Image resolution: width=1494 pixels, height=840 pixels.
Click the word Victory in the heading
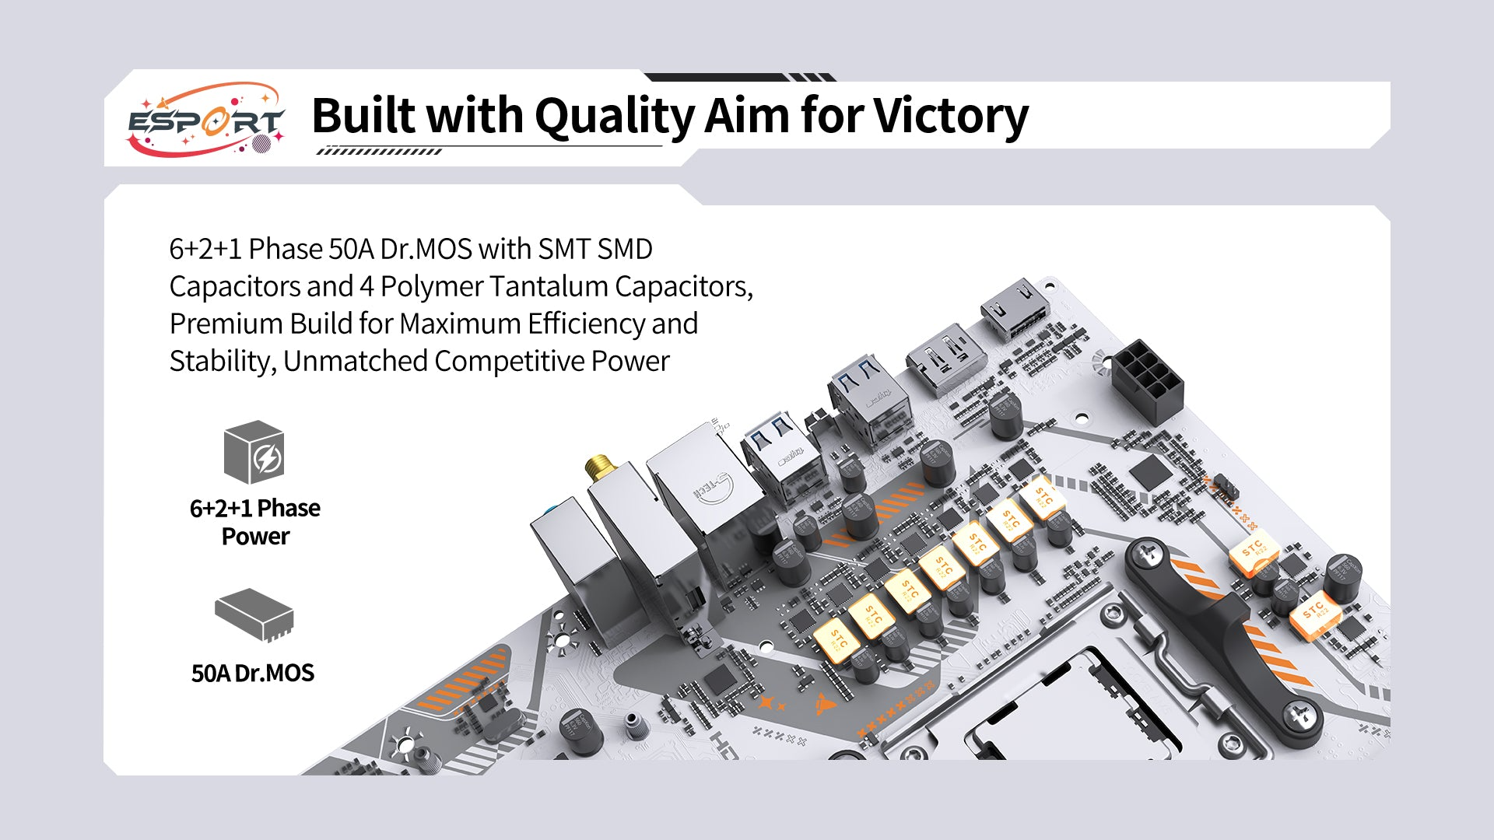pyautogui.click(x=950, y=116)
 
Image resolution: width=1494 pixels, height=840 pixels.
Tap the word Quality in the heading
pyautogui.click(x=614, y=116)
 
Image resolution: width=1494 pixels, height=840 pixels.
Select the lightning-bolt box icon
pyautogui.click(x=254, y=453)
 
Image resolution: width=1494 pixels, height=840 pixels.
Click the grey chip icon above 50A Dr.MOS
pyautogui.click(x=254, y=615)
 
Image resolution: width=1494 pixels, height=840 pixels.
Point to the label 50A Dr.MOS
pyautogui.click(x=253, y=673)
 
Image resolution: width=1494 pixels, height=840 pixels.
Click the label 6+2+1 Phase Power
pyautogui.click(x=255, y=522)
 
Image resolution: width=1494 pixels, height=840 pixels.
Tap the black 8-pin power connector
pyautogui.click(x=1147, y=381)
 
